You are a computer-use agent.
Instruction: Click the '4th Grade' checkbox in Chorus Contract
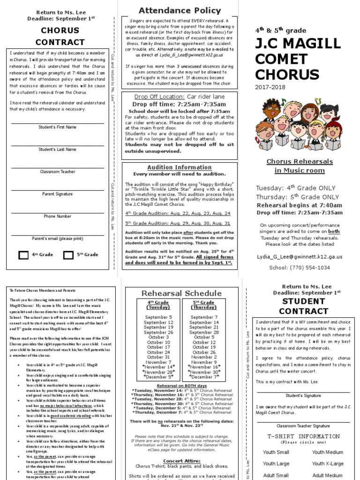click(x=23, y=255)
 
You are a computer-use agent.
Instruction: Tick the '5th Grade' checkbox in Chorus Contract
click(x=68, y=255)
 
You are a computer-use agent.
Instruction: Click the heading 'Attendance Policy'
click(x=173, y=10)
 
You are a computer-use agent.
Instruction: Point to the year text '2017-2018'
click(x=270, y=87)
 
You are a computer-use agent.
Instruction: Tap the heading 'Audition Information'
click(x=172, y=167)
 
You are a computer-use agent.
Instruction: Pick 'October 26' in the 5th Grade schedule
click(x=203, y=352)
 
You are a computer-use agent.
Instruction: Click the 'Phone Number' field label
click(x=58, y=217)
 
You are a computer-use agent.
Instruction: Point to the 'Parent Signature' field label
click(x=58, y=194)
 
